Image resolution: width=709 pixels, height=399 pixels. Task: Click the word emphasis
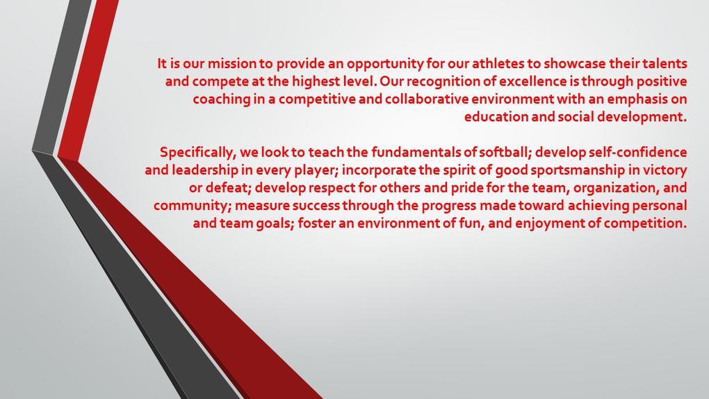coord(637,100)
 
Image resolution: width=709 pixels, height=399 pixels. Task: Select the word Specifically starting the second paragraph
coord(197,153)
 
